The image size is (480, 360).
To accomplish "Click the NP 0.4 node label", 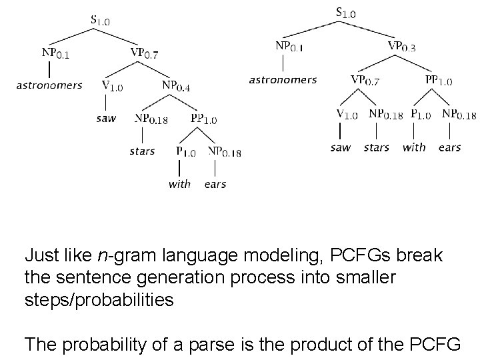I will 176,85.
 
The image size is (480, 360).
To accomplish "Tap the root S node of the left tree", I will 100,20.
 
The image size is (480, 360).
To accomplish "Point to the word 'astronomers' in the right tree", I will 283,80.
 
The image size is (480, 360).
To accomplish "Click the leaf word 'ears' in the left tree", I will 215,184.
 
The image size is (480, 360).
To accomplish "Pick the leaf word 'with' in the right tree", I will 414,147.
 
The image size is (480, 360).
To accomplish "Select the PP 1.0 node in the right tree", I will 439,81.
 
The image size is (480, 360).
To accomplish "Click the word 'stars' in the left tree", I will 142,151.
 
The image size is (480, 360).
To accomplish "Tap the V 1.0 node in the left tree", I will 112,85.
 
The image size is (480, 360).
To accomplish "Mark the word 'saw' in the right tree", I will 340,147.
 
